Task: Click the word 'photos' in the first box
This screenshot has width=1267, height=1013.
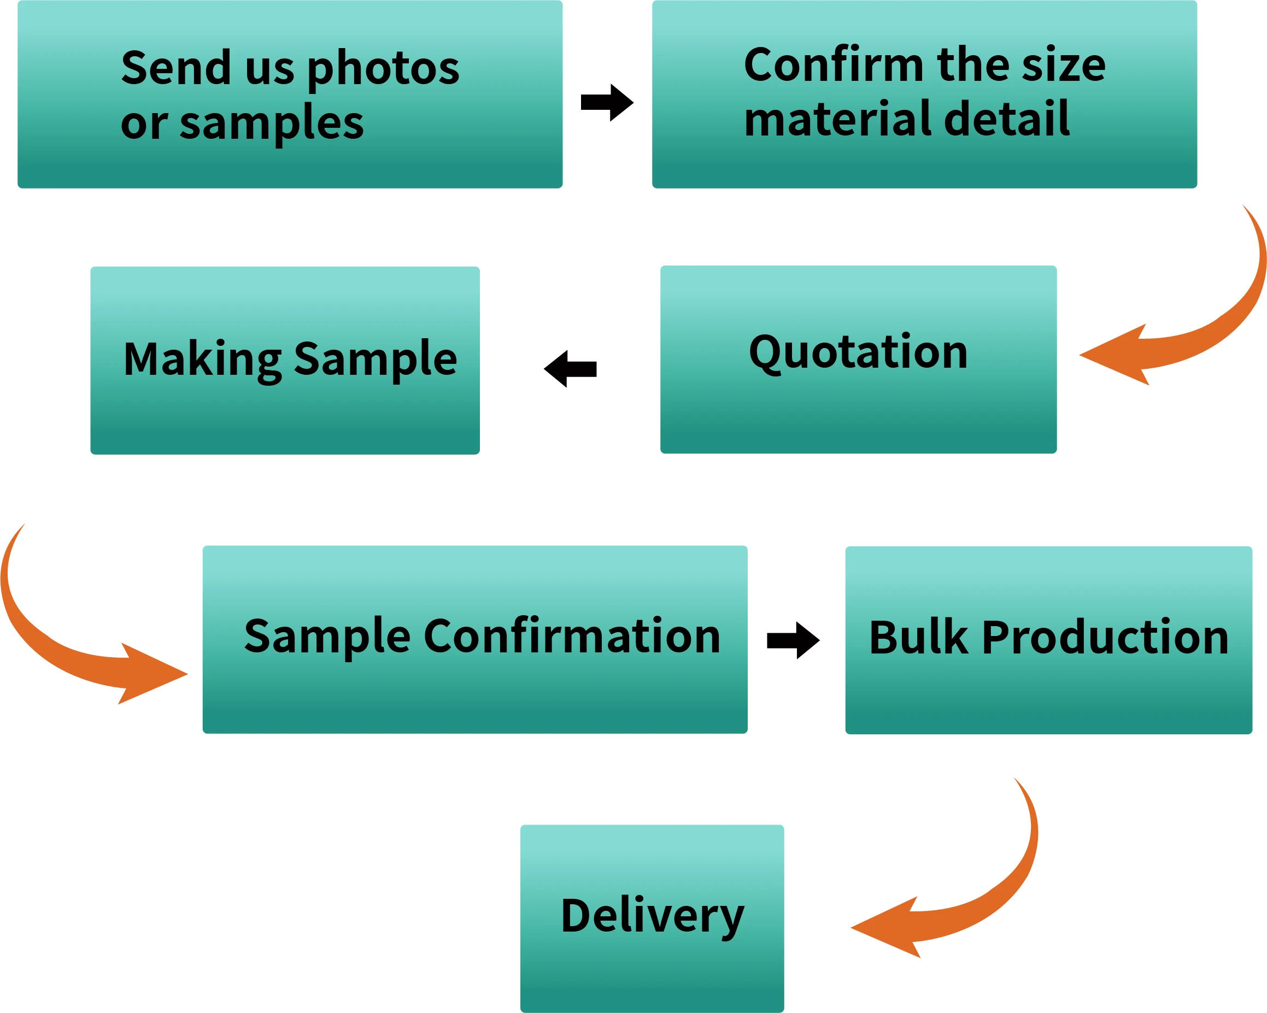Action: [x=383, y=69]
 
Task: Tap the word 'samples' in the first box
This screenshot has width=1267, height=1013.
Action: [x=272, y=125]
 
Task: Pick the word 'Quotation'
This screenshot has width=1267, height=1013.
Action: [x=858, y=353]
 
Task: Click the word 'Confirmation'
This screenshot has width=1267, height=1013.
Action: [x=572, y=637]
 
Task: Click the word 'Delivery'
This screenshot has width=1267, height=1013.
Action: [x=652, y=916]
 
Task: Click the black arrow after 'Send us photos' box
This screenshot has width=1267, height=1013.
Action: [x=607, y=102]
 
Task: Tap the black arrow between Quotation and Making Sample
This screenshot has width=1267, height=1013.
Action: [x=570, y=369]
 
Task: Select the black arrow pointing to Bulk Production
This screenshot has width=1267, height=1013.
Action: [x=793, y=640]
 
